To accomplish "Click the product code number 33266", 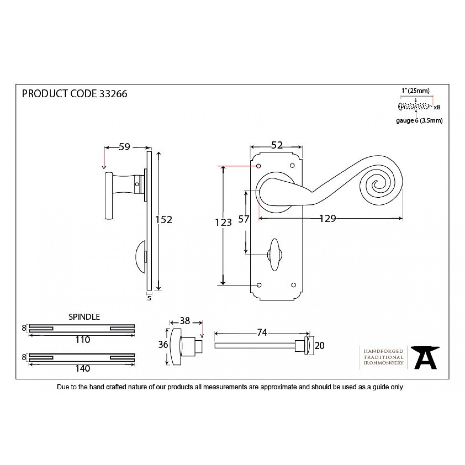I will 113,94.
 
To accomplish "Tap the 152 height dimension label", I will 164,220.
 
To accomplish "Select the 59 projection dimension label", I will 124,147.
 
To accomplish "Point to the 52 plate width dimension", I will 277,145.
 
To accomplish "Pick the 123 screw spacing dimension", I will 223,222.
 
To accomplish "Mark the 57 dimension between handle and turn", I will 243,219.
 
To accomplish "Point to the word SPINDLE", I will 84,317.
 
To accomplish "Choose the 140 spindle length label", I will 82,368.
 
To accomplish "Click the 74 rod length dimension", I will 262,332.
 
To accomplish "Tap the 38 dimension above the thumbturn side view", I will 185,321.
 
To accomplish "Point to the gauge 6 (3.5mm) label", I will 419,121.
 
